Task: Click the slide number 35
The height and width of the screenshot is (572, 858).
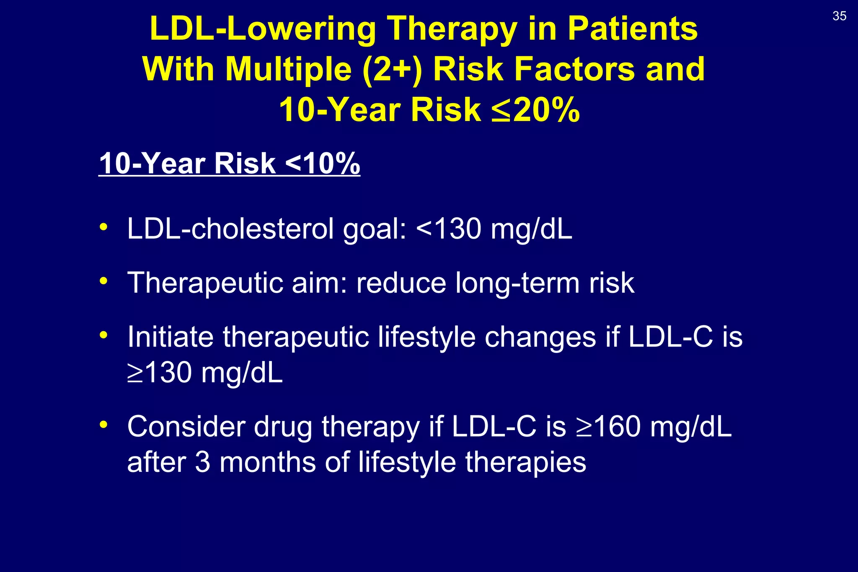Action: click(839, 16)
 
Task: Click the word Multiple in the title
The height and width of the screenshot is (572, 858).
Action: click(289, 69)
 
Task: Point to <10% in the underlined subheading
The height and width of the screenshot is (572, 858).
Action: click(322, 163)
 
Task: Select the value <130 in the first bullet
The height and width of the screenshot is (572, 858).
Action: click(449, 229)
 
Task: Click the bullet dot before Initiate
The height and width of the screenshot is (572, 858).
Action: click(103, 335)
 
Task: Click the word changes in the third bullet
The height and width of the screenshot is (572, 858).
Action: click(540, 337)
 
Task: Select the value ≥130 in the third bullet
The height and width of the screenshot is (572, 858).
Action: click(160, 372)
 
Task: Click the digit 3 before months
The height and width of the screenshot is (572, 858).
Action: click(202, 462)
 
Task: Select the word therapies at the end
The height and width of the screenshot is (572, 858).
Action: click(525, 462)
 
